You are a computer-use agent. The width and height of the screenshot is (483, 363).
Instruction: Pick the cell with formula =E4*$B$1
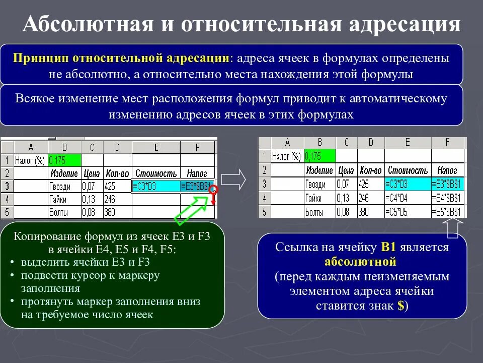tap(448, 198)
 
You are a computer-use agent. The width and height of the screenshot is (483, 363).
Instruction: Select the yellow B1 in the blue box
tap(389, 248)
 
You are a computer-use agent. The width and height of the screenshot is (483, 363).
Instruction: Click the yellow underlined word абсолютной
tap(360, 262)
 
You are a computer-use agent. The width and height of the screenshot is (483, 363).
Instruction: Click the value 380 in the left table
tap(110, 212)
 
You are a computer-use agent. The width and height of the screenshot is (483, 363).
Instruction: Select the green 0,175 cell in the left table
tap(64, 161)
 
